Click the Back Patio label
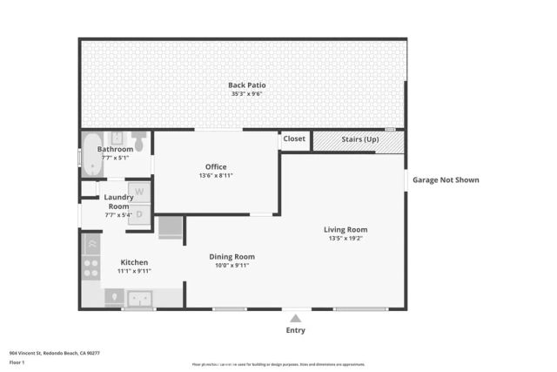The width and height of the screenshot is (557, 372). [246, 85]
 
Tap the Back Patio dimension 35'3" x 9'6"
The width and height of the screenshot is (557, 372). [246, 93]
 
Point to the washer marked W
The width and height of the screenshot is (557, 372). [139, 192]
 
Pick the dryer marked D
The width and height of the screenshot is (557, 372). [139, 213]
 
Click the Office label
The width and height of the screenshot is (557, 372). [216, 166]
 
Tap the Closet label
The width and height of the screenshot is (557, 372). [294, 139]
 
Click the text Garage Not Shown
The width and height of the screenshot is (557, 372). [446, 180]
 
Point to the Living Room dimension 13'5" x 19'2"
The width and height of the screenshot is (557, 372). [345, 238]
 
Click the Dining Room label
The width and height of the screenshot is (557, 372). [232, 256]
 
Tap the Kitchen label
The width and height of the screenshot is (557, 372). [134, 262]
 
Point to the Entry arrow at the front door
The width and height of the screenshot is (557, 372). [296, 317]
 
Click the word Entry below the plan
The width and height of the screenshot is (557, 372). [296, 330]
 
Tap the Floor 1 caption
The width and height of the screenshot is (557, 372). [17, 362]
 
